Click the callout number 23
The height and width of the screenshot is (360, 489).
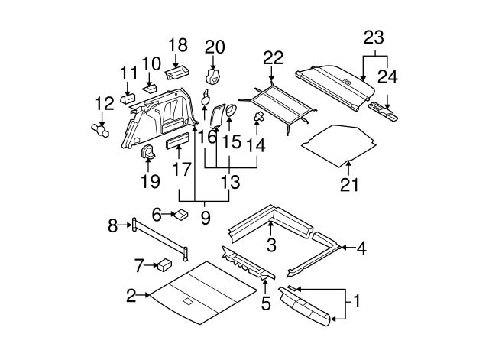(x=374, y=37)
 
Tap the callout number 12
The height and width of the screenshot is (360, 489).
(x=103, y=103)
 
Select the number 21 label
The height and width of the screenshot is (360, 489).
(x=348, y=184)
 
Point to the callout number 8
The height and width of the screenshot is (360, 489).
(x=113, y=225)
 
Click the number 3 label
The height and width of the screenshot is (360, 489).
(x=271, y=245)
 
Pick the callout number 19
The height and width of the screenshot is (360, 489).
(x=150, y=181)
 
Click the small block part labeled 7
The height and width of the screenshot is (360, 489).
(x=164, y=265)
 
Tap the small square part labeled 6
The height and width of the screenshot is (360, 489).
(x=183, y=215)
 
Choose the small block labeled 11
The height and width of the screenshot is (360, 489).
(x=128, y=98)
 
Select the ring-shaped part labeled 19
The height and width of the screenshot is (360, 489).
(x=147, y=151)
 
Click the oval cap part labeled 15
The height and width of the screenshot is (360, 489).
(x=231, y=112)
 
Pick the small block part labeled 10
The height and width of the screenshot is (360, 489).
(x=151, y=86)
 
